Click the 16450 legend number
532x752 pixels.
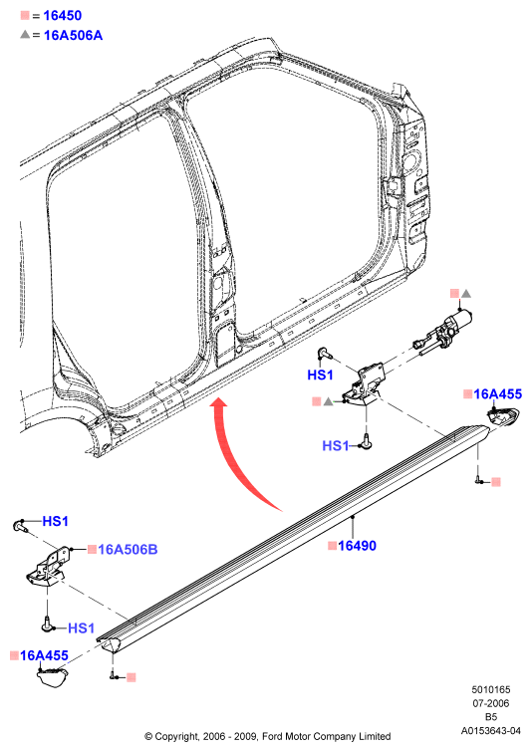coord(63,15)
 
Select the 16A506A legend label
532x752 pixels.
coord(73,35)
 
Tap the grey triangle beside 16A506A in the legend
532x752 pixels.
coord(25,34)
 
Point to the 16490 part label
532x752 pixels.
coord(357,545)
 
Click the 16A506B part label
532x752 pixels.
coord(128,549)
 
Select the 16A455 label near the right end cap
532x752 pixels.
coord(497,393)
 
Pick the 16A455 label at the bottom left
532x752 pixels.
coord(44,655)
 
